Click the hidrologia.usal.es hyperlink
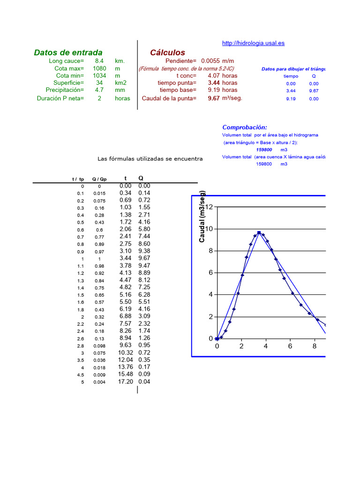coord(253,43)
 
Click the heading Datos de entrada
coord(68,52)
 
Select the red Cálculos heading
coord(167,52)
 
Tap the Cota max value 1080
coord(99,68)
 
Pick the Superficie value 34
coord(99,82)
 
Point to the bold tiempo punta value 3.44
coord(214,82)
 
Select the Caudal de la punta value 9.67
coord(214,98)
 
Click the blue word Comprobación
coord(245,127)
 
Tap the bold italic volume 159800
coord(264,150)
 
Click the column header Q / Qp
coord(99,179)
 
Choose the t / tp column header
coord(78,179)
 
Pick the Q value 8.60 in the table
coord(144,244)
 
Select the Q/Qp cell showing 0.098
coord(99,345)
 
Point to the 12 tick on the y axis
coord(209,207)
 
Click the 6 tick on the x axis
coord(290,346)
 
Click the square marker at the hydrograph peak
coord(259,232)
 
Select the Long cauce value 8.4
coord(99,61)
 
